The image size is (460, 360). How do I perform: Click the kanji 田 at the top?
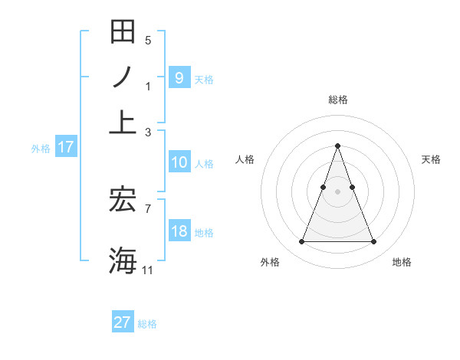pyautogui.click(x=123, y=32)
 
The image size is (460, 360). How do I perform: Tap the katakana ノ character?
pyautogui.click(x=123, y=77)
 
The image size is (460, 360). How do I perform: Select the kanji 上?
pyautogui.click(x=123, y=121)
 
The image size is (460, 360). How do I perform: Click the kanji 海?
pyautogui.click(x=123, y=259)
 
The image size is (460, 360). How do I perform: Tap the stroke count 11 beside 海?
pyautogui.click(x=148, y=270)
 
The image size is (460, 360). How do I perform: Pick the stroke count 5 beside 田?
pyautogui.click(x=148, y=41)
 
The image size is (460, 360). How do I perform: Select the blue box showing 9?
pyautogui.click(x=179, y=77)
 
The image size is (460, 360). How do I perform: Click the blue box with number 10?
pyautogui.click(x=179, y=162)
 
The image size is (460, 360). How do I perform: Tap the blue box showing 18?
pyautogui.click(x=179, y=231)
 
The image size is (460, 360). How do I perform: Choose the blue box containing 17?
pyautogui.click(x=66, y=147)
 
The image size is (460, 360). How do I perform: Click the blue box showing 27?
pyautogui.click(x=122, y=322)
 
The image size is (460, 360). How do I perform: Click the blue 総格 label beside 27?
pyautogui.click(x=147, y=324)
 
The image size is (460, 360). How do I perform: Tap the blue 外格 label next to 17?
pyautogui.click(x=41, y=149)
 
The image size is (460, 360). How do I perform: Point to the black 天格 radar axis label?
pyautogui.click(x=431, y=159)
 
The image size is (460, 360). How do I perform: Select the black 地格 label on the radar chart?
pyautogui.click(x=402, y=262)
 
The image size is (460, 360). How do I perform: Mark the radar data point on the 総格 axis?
pyautogui.click(x=337, y=146)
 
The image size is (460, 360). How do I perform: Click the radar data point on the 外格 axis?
pyautogui.click(x=301, y=242)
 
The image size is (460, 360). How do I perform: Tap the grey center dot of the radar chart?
pyautogui.click(x=337, y=191)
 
